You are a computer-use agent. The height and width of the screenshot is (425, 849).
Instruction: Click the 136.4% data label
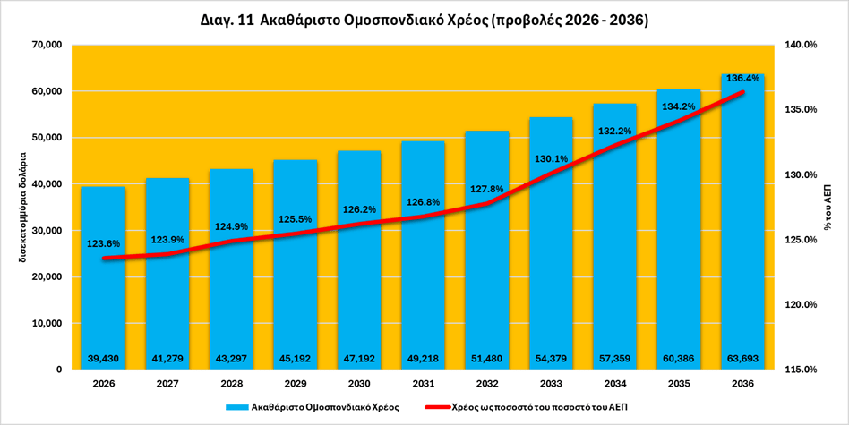coord(743,79)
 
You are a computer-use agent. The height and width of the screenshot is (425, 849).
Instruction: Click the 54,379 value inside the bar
coord(550,359)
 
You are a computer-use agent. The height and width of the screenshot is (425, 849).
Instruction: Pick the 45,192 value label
coord(295,359)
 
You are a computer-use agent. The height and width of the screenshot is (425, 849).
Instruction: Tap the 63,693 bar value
coord(742,359)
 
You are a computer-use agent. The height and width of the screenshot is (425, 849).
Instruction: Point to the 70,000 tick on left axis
coord(45,45)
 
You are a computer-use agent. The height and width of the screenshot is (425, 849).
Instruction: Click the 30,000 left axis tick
coord(45,231)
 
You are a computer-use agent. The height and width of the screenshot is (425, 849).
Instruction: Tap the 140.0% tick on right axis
coord(800,45)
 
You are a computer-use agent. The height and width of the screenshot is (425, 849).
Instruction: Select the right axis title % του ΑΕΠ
coord(829,207)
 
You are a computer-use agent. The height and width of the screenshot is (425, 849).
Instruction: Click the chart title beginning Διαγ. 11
coord(424,20)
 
